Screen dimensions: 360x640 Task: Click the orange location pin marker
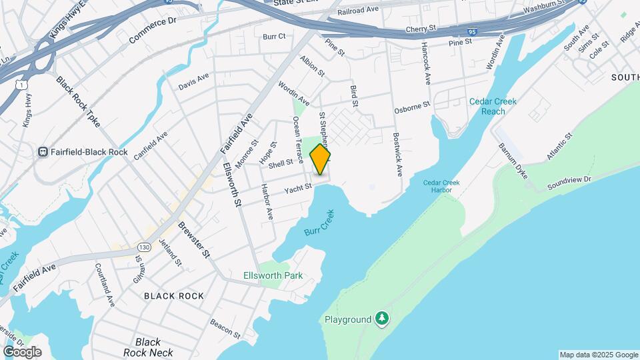pos(321,159)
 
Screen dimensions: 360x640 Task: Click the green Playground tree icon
pos(381,319)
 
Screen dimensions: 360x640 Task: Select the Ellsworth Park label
pos(273,275)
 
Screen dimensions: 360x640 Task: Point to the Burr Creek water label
pos(319,223)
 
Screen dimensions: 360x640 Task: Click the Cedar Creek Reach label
pos(493,107)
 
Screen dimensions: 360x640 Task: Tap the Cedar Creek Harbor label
pos(437,186)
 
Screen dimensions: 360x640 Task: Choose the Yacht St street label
pos(298,189)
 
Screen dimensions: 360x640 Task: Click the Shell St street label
pos(281,163)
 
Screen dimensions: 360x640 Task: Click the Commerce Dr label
pos(153,31)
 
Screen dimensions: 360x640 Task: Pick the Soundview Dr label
pos(569,181)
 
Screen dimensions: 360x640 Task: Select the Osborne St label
pos(413,105)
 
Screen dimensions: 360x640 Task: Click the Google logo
pos(22,351)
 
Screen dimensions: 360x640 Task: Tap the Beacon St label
pos(225,327)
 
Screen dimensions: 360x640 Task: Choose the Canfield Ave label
pos(150,146)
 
